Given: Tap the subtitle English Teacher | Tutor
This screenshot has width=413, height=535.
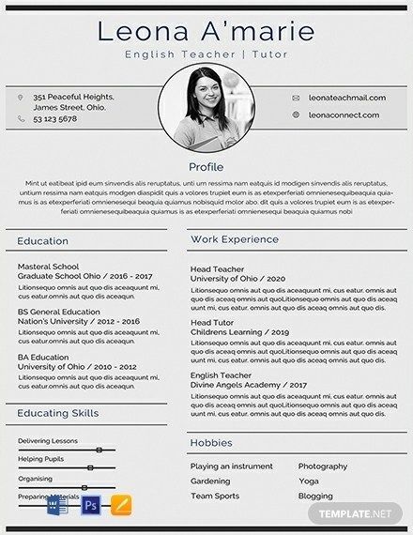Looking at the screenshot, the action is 206,56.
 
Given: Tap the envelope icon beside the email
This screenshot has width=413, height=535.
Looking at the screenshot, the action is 296,98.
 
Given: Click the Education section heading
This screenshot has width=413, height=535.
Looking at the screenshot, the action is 43,240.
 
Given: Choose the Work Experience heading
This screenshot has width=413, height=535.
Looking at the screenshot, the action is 235,240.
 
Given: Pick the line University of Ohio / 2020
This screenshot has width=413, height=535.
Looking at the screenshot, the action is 237,279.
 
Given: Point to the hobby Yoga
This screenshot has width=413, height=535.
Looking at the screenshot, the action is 309,481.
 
